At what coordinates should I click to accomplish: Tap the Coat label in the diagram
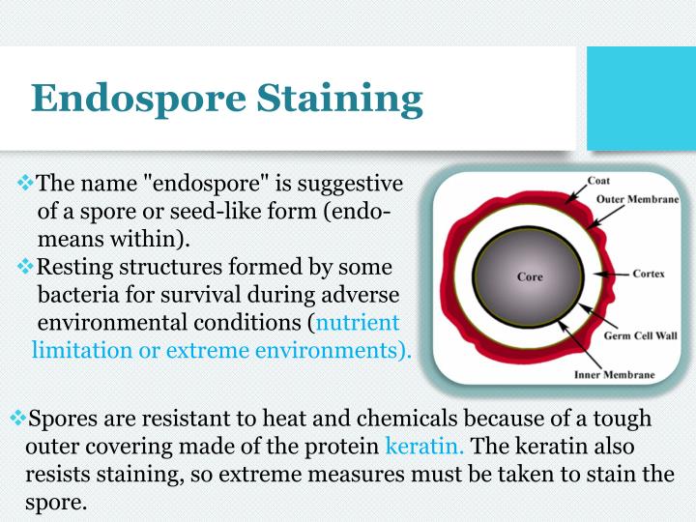click(599, 181)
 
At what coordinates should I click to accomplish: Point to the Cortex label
click(649, 274)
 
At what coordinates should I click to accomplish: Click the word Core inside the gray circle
click(530, 277)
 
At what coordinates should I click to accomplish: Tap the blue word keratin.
click(424, 448)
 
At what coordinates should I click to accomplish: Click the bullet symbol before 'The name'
click(26, 183)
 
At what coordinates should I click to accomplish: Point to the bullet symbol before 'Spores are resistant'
click(18, 420)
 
